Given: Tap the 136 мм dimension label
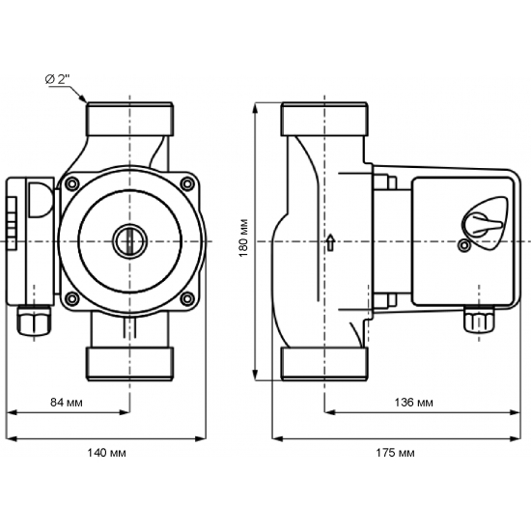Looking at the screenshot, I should point(415,401).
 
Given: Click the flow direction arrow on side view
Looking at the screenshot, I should point(330,241).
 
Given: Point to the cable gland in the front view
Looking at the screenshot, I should point(33,320).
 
